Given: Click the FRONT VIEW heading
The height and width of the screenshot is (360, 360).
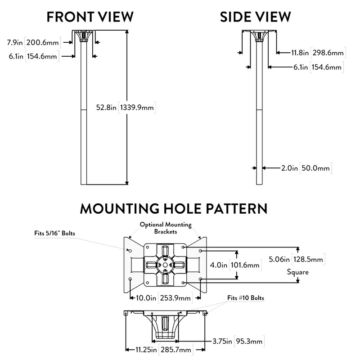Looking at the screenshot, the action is click(x=90, y=17).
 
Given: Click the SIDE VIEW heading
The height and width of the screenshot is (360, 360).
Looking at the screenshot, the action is click(x=255, y=17).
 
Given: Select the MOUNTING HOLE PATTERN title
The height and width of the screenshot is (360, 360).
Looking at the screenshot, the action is click(x=174, y=208).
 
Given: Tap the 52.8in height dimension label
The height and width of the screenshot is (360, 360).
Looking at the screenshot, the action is click(x=106, y=107).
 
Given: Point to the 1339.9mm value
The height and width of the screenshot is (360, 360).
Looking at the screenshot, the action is click(x=137, y=107).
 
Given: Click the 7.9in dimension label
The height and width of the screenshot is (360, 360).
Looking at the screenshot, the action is click(x=15, y=42).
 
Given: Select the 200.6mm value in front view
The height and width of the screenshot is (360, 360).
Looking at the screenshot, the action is click(x=43, y=42).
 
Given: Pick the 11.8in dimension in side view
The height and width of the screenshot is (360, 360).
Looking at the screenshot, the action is click(x=300, y=53).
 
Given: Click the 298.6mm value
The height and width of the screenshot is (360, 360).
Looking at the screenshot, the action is click(x=328, y=53).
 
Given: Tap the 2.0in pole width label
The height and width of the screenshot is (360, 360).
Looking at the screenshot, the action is click(x=289, y=168).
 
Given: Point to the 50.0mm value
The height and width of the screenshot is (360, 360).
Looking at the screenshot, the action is click(x=316, y=168).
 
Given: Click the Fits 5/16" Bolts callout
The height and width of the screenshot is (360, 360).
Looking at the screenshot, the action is click(x=54, y=233).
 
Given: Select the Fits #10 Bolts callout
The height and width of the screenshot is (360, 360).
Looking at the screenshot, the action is click(x=246, y=298).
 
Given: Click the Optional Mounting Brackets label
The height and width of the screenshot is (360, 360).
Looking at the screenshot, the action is click(x=166, y=228).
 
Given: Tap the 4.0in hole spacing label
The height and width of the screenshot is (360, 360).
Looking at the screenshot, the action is click(x=219, y=265).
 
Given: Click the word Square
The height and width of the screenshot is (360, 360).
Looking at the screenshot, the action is click(x=297, y=272).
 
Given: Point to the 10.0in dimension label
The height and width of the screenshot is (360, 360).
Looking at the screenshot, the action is click(x=146, y=298).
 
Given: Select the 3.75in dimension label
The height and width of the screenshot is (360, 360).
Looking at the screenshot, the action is click(x=222, y=341).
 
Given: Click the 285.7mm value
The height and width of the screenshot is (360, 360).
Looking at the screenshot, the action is click(x=176, y=350).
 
